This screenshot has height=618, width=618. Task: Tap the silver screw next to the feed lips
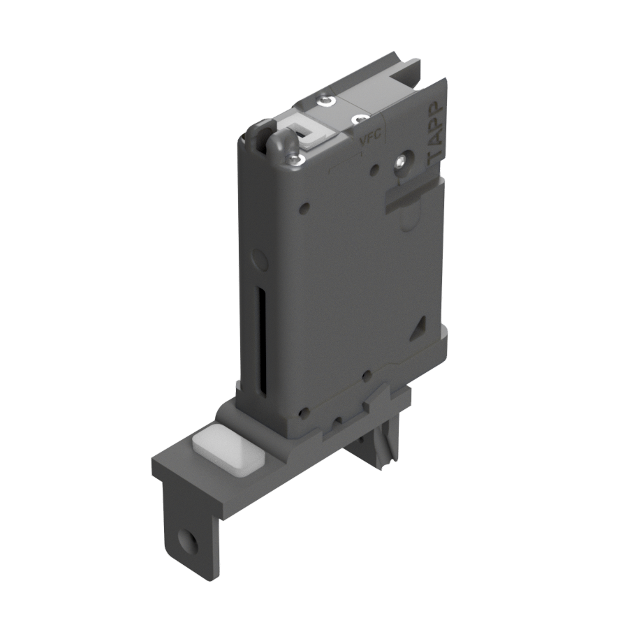click(294, 159)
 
